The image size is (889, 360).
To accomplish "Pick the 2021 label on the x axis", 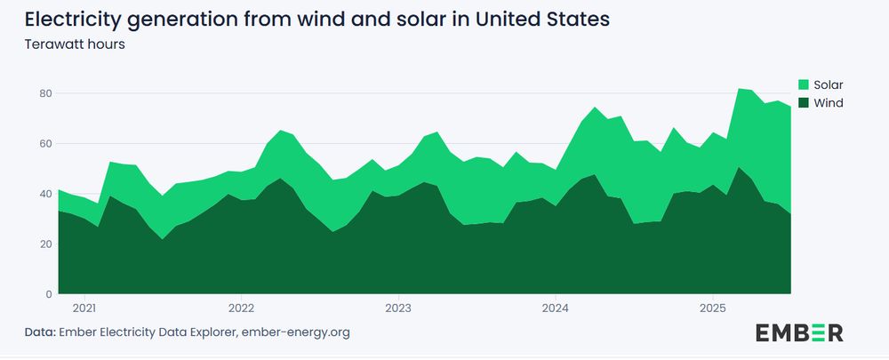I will pos(84,308).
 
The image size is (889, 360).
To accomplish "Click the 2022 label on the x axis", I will pos(241,308).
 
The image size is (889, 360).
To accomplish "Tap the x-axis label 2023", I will pos(398,308).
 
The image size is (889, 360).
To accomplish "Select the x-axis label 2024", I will pos(555,308).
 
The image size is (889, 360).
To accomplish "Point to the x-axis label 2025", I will pos(712,308).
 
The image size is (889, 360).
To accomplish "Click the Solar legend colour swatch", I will pos(804,84).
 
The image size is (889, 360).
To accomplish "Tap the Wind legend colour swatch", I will pos(804,103).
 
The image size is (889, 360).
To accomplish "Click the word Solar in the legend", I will pos(828,84).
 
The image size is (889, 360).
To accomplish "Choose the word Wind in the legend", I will pos(827,103).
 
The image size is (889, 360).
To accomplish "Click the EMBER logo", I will pos(799,332).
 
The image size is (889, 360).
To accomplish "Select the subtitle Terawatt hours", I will pos(74,44).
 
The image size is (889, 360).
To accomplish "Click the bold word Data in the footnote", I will pos(40,332).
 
